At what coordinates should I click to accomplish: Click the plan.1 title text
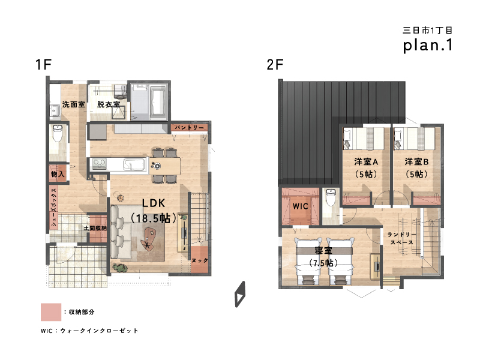tap(428, 45)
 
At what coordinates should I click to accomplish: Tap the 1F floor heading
tap(43, 64)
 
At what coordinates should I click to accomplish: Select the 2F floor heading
tap(275, 64)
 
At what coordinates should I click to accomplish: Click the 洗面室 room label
tap(73, 104)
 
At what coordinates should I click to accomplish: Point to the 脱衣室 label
tap(109, 104)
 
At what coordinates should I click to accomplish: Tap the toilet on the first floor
tap(57, 133)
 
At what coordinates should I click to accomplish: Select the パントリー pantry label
tap(189, 127)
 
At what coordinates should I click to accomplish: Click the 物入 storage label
tap(58, 174)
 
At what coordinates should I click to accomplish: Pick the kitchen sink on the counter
tap(134, 164)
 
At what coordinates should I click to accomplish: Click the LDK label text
tap(154, 203)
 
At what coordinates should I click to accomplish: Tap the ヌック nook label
tap(200, 260)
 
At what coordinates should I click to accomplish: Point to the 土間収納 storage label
tap(95, 228)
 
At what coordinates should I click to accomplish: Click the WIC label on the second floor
tap(301, 206)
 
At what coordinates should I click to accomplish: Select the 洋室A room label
tap(366, 161)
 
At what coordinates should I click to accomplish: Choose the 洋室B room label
tap(416, 161)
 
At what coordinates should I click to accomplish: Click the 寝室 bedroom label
tap(323, 251)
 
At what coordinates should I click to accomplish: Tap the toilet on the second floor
tap(331, 197)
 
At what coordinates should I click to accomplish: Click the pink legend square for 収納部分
tap(51, 312)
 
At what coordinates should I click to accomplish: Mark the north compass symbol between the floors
tap(240, 294)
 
